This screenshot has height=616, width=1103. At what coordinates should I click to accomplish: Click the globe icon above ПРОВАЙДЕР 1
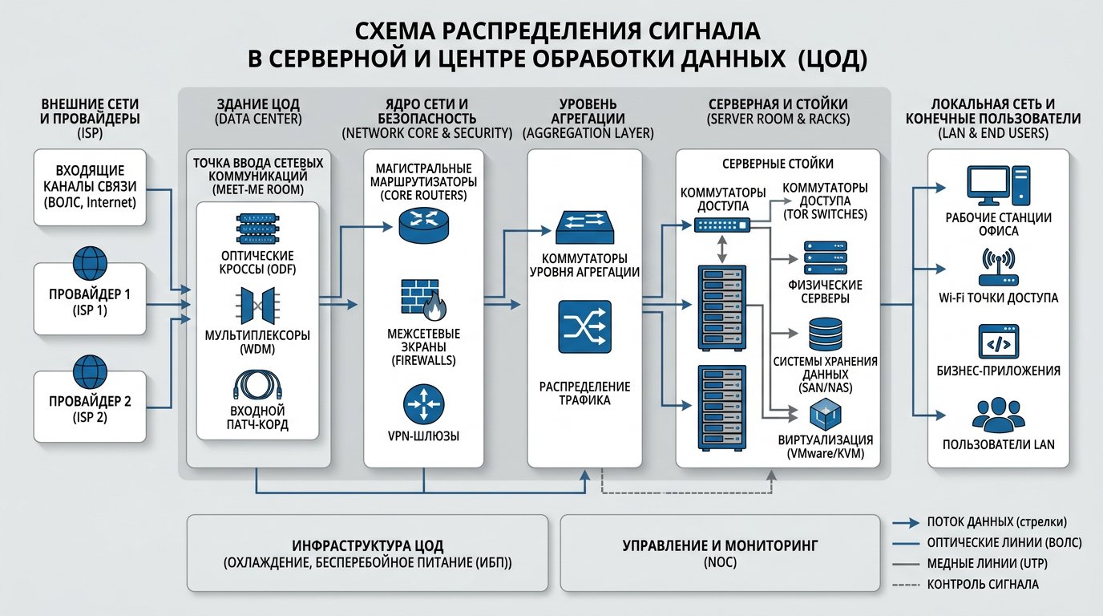pyautogui.click(x=90, y=263)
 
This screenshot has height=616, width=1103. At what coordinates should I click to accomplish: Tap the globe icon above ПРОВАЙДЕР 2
pyautogui.click(x=90, y=371)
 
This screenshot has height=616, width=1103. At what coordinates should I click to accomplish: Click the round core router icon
pyautogui.click(x=423, y=225)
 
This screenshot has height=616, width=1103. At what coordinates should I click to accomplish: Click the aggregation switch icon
pyautogui.click(x=585, y=226)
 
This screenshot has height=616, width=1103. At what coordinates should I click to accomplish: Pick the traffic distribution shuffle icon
pyautogui.click(x=584, y=327)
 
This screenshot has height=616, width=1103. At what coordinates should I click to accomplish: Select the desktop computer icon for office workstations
pyautogui.click(x=998, y=186)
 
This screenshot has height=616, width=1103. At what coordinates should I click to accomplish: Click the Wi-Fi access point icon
pyautogui.click(x=998, y=267)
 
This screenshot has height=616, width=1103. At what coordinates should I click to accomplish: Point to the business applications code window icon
pyautogui.click(x=998, y=342)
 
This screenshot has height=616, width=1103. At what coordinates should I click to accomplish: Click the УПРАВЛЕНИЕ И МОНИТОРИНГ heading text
pyautogui.click(x=720, y=545)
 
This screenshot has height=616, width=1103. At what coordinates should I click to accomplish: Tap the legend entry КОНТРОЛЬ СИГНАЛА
pyautogui.click(x=982, y=585)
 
